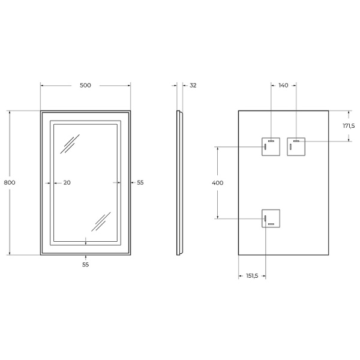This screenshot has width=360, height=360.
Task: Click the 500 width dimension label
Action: [x=85, y=85]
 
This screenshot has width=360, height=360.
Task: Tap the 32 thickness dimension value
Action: [x=193, y=85]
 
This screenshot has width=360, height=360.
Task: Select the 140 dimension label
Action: [x=283, y=85]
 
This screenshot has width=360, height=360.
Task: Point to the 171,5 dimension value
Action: [x=349, y=126]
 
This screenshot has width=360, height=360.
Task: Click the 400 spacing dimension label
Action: [x=218, y=182]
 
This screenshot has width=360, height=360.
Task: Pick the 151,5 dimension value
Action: [x=252, y=276]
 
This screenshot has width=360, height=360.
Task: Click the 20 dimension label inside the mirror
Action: [x=67, y=182]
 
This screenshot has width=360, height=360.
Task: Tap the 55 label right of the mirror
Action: [x=140, y=182]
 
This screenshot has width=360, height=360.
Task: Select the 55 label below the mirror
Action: [x=85, y=264]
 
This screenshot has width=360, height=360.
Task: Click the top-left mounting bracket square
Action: [x=271, y=147]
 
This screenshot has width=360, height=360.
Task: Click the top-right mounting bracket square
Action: [x=296, y=147]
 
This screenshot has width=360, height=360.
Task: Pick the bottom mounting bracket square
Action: [x=271, y=218]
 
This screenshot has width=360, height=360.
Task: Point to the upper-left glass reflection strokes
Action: [x=72, y=144]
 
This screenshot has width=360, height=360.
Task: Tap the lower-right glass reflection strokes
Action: [x=100, y=221]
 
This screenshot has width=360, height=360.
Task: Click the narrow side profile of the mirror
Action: [x=179, y=182]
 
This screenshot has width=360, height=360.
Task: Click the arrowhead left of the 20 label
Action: [x=52, y=182]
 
